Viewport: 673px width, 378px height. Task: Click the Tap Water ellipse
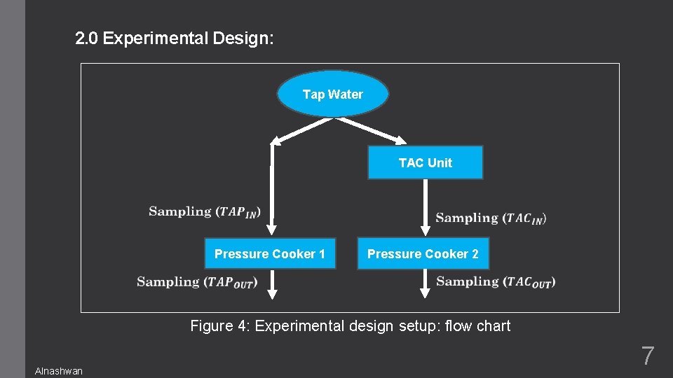[333, 94]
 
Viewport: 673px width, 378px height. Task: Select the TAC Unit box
[426, 162]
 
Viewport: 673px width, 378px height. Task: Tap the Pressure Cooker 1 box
[270, 254]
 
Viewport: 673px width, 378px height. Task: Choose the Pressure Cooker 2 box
[423, 254]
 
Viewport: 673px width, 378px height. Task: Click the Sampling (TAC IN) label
[491, 218]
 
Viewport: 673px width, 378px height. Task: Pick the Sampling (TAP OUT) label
[198, 282]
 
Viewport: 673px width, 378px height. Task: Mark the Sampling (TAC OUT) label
[496, 282]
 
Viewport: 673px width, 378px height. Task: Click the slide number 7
[647, 356]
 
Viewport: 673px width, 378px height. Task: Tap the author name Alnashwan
[59, 371]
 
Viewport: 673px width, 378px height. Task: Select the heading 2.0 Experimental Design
[175, 38]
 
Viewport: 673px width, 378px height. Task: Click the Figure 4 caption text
[351, 325]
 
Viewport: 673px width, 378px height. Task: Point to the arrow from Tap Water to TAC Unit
[372, 131]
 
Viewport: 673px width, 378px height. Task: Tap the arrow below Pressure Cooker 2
[426, 283]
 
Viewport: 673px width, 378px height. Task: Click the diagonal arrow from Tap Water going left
[301, 130]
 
